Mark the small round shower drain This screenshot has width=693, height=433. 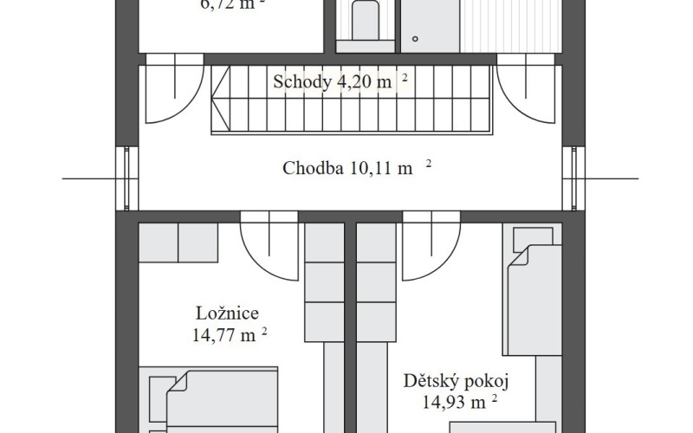[415, 38]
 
